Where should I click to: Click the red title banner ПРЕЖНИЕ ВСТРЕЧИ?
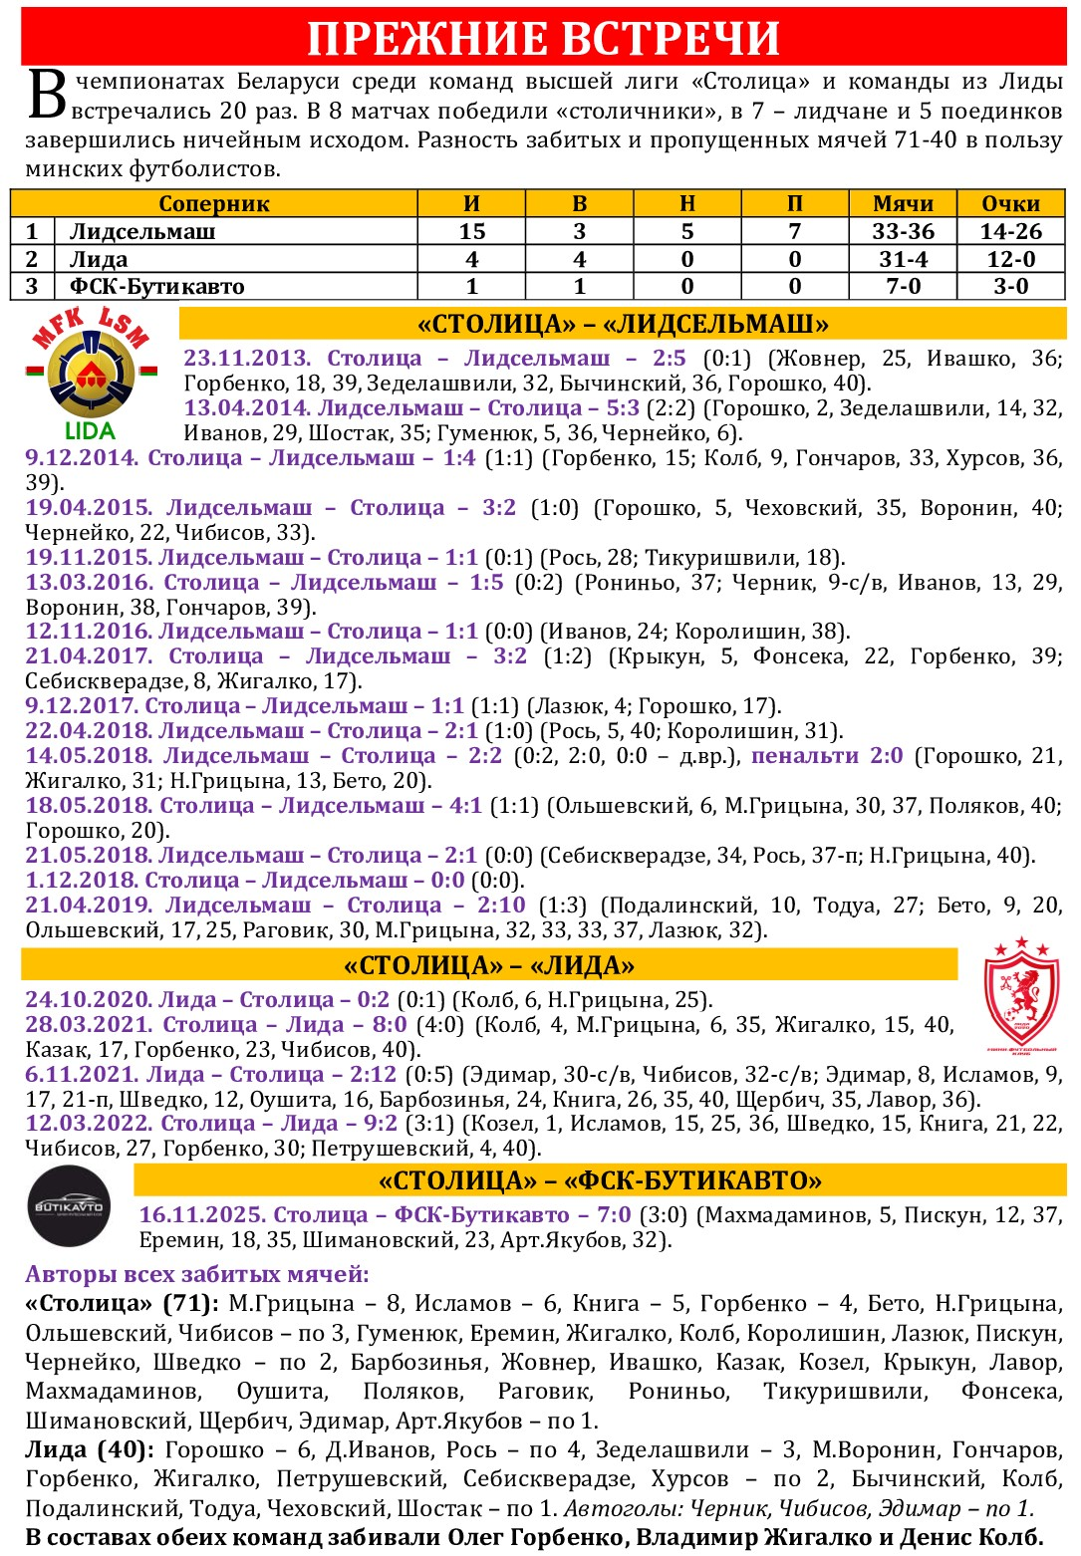click(x=543, y=38)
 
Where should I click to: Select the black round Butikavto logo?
click(x=69, y=1206)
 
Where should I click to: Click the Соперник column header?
click(x=214, y=203)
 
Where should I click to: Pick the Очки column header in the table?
click(x=1010, y=203)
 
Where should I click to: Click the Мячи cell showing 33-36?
click(x=903, y=231)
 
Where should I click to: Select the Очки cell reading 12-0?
click(x=1010, y=259)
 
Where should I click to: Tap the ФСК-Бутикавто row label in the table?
click(x=156, y=287)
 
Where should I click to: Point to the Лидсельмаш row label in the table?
click(x=142, y=231)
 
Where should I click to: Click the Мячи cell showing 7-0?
click(x=903, y=287)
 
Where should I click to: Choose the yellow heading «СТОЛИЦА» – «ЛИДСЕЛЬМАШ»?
click(x=623, y=324)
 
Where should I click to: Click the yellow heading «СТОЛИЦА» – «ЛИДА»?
click(x=489, y=965)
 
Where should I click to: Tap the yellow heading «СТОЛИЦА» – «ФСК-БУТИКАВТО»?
click(x=600, y=1180)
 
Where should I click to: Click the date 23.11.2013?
click(x=247, y=358)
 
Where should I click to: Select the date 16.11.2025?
click(x=202, y=1214)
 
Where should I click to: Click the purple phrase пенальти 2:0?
click(x=827, y=755)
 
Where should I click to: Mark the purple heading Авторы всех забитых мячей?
click(x=197, y=1274)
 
